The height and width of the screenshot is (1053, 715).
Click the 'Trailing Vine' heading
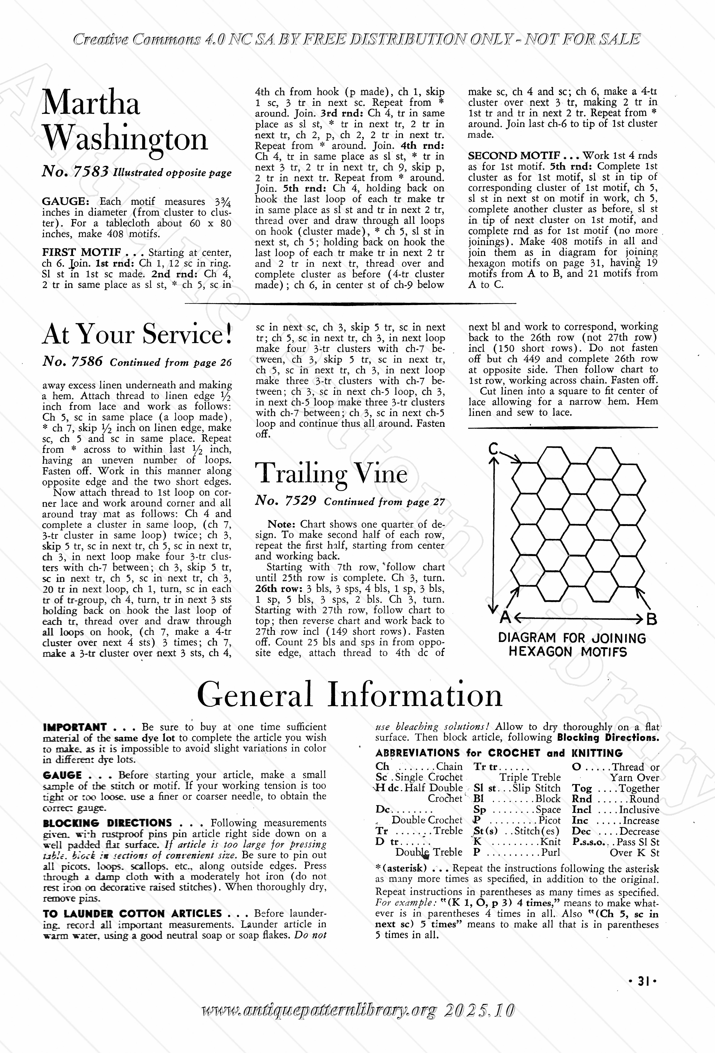click(331, 474)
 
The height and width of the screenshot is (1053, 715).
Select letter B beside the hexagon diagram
click(652, 619)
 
